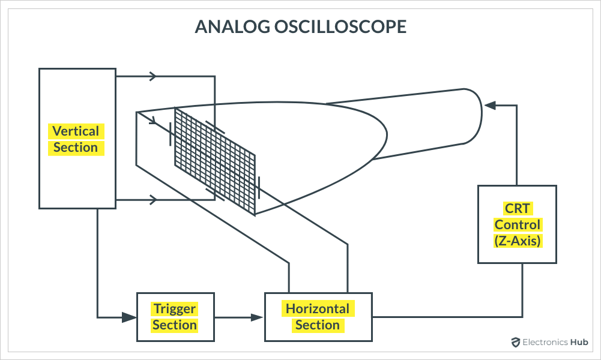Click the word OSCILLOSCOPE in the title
(x=340, y=27)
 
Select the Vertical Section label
(x=76, y=139)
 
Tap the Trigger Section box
(x=175, y=317)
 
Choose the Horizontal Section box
(x=318, y=317)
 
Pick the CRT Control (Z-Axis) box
(x=517, y=224)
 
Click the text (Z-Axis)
(x=517, y=241)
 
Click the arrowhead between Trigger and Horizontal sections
(x=256, y=317)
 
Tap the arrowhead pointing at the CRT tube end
(x=489, y=106)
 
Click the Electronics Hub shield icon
(x=515, y=343)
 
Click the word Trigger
(x=175, y=309)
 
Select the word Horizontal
(x=318, y=309)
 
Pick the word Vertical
(x=76, y=131)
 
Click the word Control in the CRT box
(x=517, y=225)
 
